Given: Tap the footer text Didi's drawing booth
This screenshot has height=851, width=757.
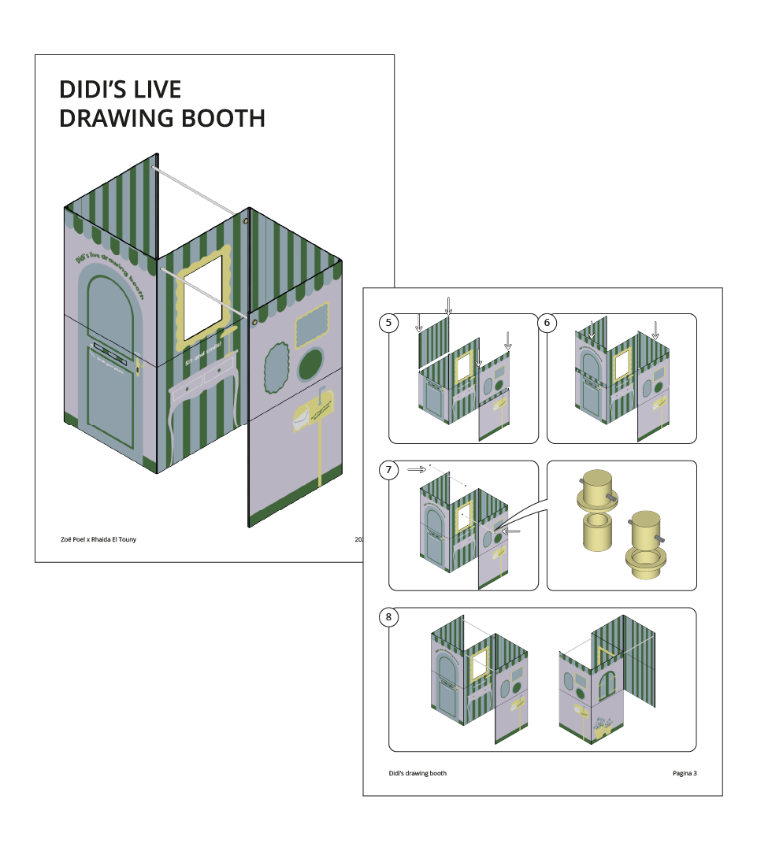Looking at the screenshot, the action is click(417, 773).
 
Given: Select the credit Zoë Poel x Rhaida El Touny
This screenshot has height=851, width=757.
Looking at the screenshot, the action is click(98, 539).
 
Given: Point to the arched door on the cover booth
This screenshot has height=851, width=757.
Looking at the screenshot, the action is click(110, 362).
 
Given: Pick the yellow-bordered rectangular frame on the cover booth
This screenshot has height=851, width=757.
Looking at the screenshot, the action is click(312, 324).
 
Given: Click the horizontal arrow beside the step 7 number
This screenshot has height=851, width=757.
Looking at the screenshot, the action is click(417, 470).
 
